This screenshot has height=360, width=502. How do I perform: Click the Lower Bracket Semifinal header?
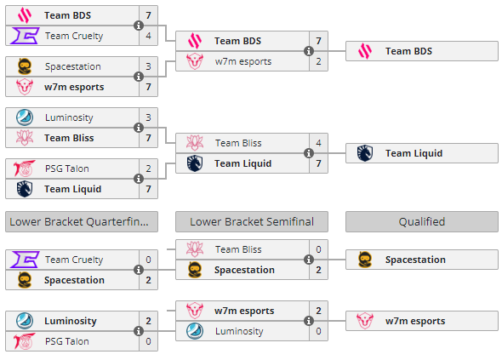(x=252, y=221)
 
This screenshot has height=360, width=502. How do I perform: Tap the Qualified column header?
(x=422, y=221)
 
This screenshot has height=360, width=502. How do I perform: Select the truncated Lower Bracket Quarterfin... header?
(x=82, y=221)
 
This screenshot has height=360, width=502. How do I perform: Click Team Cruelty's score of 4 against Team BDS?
(x=148, y=36)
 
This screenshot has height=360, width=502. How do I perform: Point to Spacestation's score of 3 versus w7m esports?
(x=148, y=66)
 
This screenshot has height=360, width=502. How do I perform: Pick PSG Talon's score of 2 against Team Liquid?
(x=148, y=169)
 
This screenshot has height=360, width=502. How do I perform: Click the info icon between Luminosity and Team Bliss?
(x=139, y=128)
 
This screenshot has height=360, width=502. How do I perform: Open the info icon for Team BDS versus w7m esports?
(x=309, y=51)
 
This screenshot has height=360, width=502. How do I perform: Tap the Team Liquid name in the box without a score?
(x=414, y=153)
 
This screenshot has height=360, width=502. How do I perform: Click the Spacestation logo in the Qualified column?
(x=365, y=260)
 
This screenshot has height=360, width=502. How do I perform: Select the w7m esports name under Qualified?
(x=415, y=321)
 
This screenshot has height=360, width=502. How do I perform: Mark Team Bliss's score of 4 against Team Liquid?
(x=318, y=143)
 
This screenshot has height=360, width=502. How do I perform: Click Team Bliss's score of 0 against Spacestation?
(x=318, y=249)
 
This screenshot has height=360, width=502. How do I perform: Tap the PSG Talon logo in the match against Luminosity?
(x=25, y=341)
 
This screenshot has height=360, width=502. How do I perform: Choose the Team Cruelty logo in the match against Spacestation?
(x=25, y=260)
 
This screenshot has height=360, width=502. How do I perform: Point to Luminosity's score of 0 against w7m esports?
(x=318, y=331)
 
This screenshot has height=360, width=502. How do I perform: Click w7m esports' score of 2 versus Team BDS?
(x=318, y=61)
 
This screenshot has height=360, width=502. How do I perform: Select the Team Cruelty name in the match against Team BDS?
(x=74, y=36)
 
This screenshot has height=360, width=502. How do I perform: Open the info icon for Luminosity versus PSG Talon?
(x=139, y=331)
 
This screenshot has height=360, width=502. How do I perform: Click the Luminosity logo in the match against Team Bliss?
(x=25, y=117)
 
